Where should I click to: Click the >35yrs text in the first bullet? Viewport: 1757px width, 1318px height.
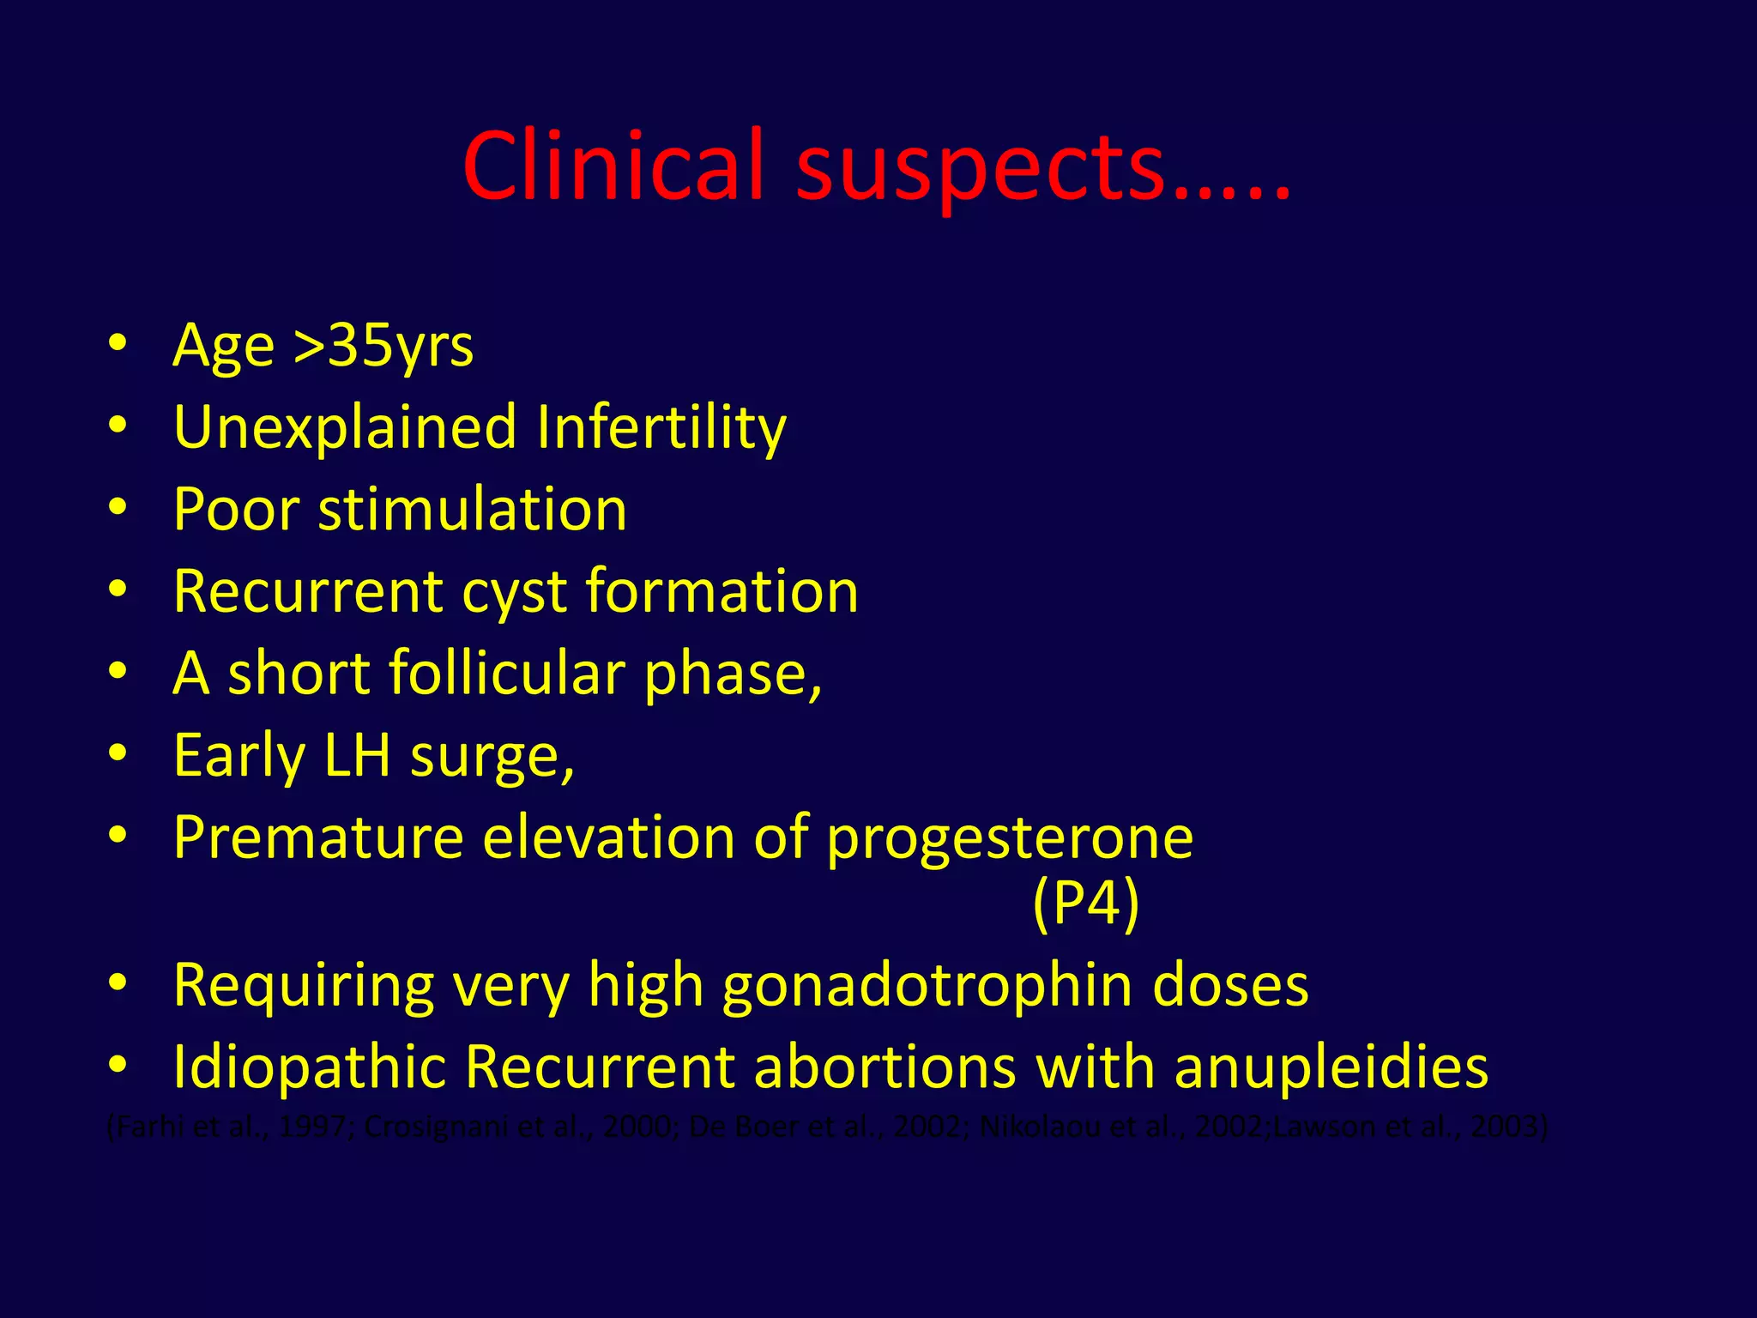click(383, 346)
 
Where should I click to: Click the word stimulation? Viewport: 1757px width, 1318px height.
click(472, 510)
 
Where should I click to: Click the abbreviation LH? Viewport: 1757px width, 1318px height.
click(357, 755)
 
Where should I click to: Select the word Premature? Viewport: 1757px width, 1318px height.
click(318, 837)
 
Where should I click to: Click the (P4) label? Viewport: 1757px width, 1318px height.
click(1085, 903)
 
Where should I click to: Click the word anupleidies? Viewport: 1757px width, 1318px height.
click(1331, 1067)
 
